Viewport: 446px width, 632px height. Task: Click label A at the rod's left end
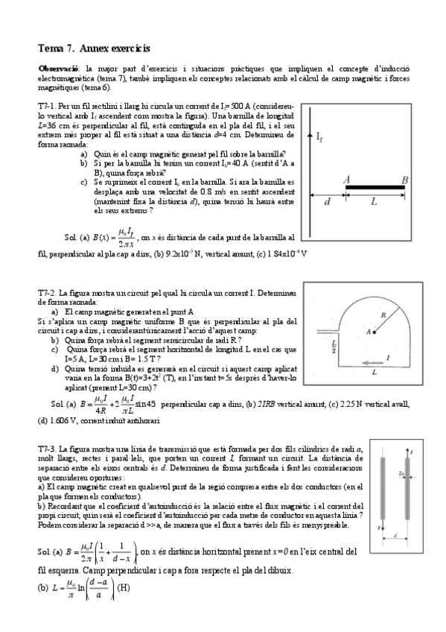(x=347, y=179)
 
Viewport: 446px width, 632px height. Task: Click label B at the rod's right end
(x=405, y=179)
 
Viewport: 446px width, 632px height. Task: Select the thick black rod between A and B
(x=376, y=188)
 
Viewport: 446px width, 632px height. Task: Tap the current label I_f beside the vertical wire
(x=319, y=137)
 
